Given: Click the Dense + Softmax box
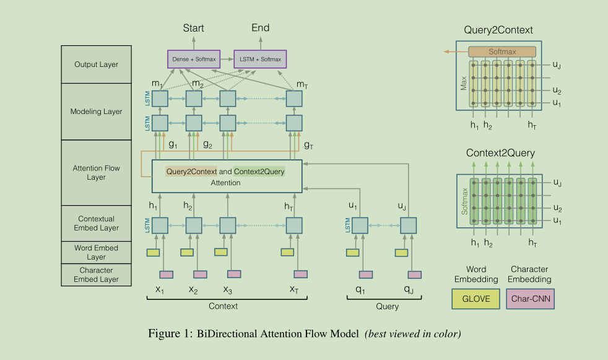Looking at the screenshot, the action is pos(194,59).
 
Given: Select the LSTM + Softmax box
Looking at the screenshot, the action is pos(260,59).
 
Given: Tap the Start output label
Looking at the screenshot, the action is pos(194,28).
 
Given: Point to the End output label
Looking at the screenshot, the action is pos(261,27).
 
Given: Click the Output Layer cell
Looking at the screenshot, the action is pos(96,64).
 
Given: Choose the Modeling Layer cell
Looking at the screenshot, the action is pos(96,112).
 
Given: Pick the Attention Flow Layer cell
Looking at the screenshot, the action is pos(96,173).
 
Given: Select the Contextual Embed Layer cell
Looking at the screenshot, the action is pos(96,224).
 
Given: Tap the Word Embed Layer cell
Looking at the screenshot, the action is pos(96,253).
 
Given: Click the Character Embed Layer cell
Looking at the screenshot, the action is pos(96,274).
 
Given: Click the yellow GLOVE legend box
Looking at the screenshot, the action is pos(476,299).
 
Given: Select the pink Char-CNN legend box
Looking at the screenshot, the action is pos(531,299).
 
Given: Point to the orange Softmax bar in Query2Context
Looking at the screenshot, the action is pos(502,51).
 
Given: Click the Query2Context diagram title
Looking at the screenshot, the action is pos(498,30).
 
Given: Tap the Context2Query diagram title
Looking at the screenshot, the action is pos(501,153).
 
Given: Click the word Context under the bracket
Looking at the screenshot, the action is pos(223,306).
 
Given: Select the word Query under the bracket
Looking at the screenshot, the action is pos(388,307).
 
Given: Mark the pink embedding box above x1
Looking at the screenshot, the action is pos(167,274).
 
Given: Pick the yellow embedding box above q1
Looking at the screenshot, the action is pos(352,253).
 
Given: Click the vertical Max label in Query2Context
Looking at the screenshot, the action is pos(463,83).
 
